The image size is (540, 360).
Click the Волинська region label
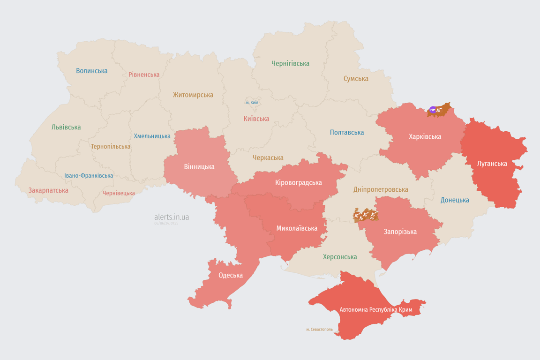click(x=92, y=71)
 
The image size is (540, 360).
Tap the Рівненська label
click(x=144, y=75)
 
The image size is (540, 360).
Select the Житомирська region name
click(x=193, y=95)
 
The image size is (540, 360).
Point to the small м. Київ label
click(x=252, y=102)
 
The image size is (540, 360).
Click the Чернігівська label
click(x=290, y=63)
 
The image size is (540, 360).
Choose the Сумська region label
click(x=356, y=79)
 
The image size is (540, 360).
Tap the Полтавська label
click(x=347, y=132)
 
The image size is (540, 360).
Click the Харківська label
click(x=425, y=136)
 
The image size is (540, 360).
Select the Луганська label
click(x=492, y=164)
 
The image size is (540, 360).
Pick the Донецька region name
click(x=455, y=200)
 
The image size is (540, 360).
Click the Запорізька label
click(x=400, y=232)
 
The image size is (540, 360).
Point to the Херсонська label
click(x=340, y=257)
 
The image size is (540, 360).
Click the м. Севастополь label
click(x=319, y=330)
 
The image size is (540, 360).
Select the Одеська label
click(x=231, y=275)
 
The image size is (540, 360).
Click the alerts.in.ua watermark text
click(x=172, y=217)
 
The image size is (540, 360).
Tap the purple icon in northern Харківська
click(x=433, y=110)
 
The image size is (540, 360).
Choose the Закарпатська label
click(x=48, y=190)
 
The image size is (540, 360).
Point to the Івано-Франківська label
click(x=89, y=176)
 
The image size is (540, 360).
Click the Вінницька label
click(x=199, y=166)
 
